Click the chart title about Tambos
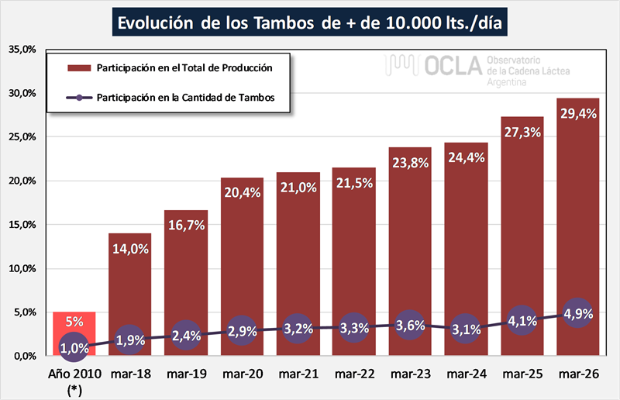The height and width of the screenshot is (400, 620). [x=310, y=22]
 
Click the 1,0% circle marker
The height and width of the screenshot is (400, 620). [x=74, y=348]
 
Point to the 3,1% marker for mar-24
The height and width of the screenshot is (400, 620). [x=466, y=329]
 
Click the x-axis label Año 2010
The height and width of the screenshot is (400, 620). [x=74, y=374]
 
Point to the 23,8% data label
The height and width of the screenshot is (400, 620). [x=410, y=164]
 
